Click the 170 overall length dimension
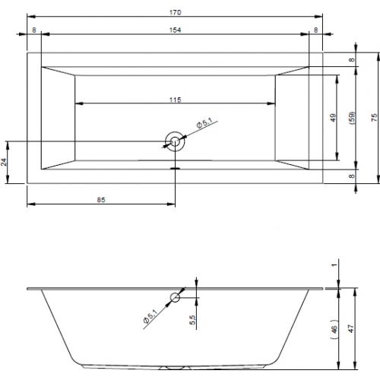(176, 12)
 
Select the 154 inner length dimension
(176, 30)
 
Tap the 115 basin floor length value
(176, 100)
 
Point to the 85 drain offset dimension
(101, 200)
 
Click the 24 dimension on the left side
(4, 162)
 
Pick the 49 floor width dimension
(334, 118)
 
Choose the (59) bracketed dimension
(352, 118)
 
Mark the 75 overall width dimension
(374, 118)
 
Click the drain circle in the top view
(175, 141)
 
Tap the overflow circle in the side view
(175, 297)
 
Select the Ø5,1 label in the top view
(204, 123)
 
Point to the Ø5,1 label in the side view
(150, 316)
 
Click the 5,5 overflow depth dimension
(192, 320)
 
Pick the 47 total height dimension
(351, 328)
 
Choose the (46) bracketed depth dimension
(335, 329)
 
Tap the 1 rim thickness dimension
(335, 264)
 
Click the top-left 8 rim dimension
(34, 30)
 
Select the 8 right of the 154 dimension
(315, 30)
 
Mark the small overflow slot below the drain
(175, 168)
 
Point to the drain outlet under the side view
(175, 368)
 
